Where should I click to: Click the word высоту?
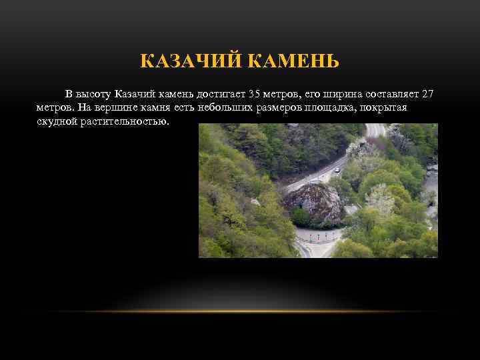pos(94,93)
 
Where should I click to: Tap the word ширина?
pos(340,93)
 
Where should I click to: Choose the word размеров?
pos(275,107)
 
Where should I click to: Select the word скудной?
pos(57,122)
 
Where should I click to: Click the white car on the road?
pos(337,171)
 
